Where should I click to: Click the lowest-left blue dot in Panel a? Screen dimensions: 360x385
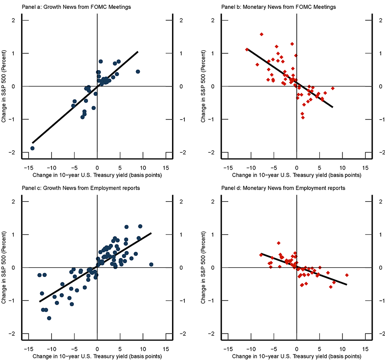pos(32,148)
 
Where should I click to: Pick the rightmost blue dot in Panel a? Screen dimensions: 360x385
pos(138,72)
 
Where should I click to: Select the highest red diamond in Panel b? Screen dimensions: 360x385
pos(261,34)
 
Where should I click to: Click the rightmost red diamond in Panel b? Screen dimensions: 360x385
pos(333,88)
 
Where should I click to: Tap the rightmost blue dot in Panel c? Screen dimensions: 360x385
pos(151,264)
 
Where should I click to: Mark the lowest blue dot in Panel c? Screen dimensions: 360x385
pos(49,318)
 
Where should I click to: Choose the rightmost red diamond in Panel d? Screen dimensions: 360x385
pos(347,275)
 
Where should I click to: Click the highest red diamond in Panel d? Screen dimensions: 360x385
pos(279,243)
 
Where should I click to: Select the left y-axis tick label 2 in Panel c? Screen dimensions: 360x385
pos(15,202)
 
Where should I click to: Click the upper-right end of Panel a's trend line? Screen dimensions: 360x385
pos(138,51)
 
